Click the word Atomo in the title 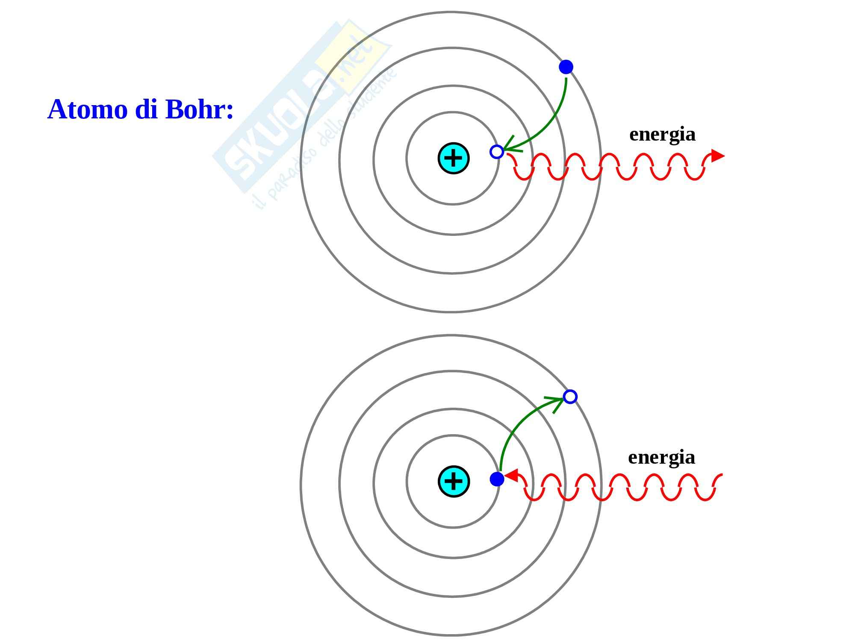[87, 109]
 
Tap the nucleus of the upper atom [454, 158]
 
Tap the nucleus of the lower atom [454, 481]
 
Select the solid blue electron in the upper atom [566, 67]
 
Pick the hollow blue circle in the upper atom [497, 152]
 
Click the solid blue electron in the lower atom [497, 479]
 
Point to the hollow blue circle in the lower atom [570, 397]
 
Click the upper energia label [662, 134]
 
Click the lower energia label [661, 457]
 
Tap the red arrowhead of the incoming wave [512, 475]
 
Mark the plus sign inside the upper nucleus [454, 158]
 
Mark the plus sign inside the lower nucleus [454, 481]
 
